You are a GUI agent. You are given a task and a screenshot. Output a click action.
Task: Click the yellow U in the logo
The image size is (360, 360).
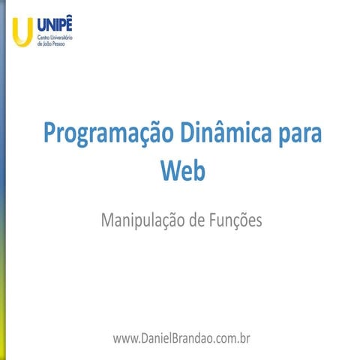tap(23, 30)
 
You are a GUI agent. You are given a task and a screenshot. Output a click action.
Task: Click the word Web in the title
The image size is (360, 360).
tap(182, 169)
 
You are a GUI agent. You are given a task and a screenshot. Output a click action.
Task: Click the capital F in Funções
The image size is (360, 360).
tap(211, 220)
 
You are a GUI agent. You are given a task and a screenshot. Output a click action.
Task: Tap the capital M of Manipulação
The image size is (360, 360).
tap(106, 220)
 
